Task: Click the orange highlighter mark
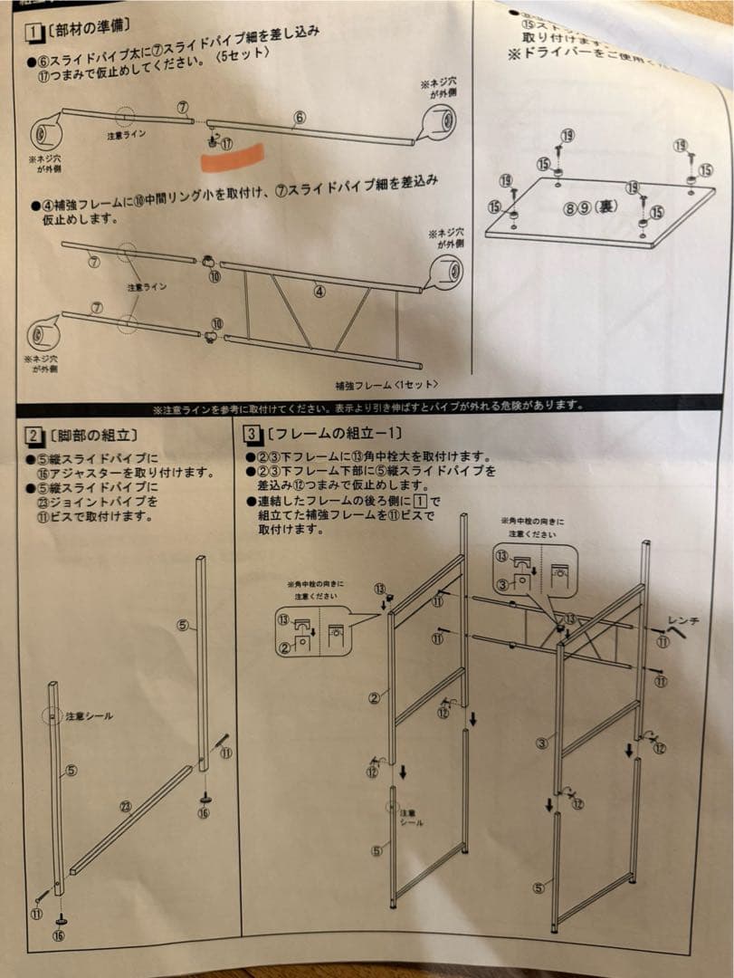(233, 157)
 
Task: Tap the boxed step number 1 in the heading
(33, 34)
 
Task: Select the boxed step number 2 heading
(33, 436)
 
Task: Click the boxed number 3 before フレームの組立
(252, 434)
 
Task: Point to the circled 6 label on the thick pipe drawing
(299, 117)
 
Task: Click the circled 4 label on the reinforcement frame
(319, 291)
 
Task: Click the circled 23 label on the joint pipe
(125, 807)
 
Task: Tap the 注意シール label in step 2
(90, 715)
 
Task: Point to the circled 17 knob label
(226, 143)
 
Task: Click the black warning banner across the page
(367, 407)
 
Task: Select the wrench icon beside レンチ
(677, 634)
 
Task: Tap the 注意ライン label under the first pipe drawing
(122, 135)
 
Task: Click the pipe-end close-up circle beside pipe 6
(440, 120)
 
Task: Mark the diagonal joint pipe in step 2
(131, 820)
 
